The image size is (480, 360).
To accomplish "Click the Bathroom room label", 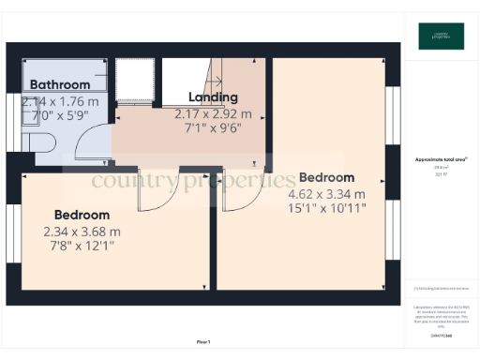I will (x=58, y=85).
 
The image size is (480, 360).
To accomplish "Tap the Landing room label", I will (x=214, y=97).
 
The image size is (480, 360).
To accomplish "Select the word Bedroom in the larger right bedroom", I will (x=326, y=177).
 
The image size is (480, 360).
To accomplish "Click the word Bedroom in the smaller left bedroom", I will (x=82, y=214).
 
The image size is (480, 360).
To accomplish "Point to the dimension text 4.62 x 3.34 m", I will (x=326, y=194).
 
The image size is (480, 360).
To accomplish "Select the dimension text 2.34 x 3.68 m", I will (x=82, y=232).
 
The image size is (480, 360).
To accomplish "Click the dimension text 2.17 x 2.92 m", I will (x=214, y=113).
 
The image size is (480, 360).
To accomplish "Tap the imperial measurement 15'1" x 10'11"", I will (x=326, y=210).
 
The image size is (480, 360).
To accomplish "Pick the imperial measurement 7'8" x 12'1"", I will (x=82, y=247).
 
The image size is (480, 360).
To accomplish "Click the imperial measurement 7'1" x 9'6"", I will (x=214, y=129).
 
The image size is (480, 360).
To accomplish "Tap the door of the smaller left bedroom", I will (x=154, y=190).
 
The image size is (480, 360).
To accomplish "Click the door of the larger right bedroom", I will (x=242, y=190).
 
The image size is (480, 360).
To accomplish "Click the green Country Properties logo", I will (x=440, y=36).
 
